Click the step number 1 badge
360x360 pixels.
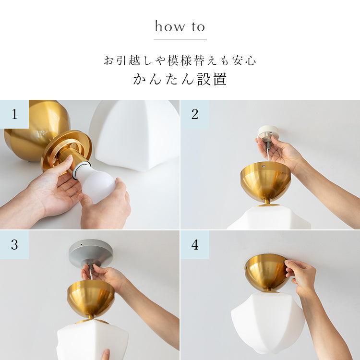(14, 114)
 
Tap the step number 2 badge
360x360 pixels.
(195, 114)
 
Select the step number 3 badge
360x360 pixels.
(14, 245)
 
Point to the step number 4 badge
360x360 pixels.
(195, 245)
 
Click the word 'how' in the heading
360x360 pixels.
(169, 26)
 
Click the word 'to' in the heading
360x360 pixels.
(198, 27)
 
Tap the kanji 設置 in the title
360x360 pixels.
(212, 79)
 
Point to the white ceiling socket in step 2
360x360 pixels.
(268, 133)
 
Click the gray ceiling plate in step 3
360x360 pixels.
(91, 252)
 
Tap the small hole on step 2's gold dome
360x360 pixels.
(264, 166)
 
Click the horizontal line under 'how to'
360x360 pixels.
(180, 39)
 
